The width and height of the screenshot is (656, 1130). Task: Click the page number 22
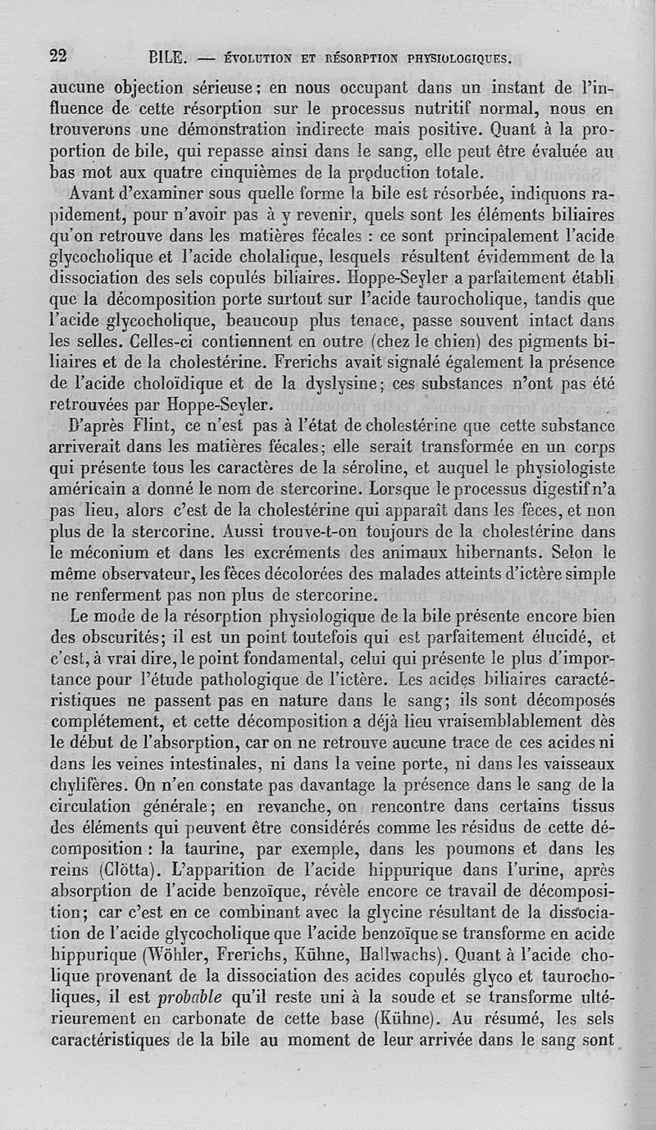[58, 56]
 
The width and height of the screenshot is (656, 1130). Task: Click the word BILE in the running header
[170, 59]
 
